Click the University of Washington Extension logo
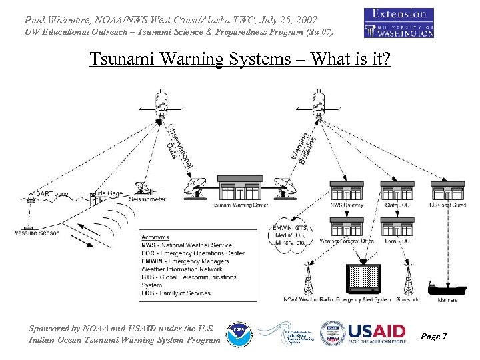(x=399, y=23)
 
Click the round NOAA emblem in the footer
(x=238, y=335)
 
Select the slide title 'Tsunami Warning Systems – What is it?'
(x=240, y=59)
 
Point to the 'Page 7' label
(x=434, y=337)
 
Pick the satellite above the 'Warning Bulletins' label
(x=319, y=105)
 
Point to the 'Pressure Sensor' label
(x=35, y=233)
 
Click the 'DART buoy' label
(x=51, y=194)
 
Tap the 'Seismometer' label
(x=148, y=199)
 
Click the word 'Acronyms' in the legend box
(x=155, y=237)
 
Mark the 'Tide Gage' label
(x=109, y=193)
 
